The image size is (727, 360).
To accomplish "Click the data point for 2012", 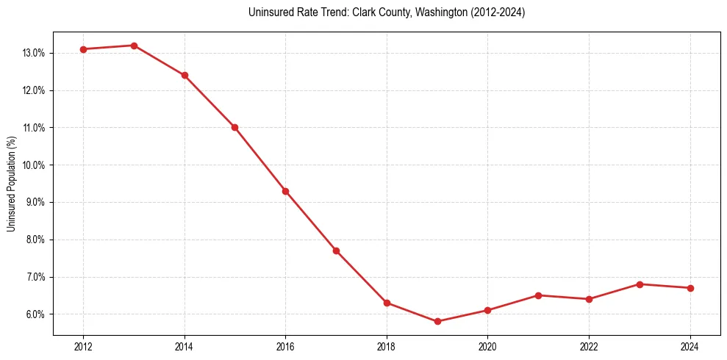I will [83, 49].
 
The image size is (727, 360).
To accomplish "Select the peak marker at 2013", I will [134, 46].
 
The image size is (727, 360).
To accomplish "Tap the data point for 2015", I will [234, 127].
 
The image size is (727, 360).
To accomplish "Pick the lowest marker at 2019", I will [437, 321].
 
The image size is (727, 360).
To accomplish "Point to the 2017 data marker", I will [336, 251].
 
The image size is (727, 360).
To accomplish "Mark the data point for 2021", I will [538, 295].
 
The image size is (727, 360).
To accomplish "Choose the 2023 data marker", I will [640, 284].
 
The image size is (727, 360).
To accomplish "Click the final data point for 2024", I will [690, 288].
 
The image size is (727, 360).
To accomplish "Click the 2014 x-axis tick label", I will [185, 346].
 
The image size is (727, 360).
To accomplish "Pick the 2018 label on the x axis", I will [387, 346].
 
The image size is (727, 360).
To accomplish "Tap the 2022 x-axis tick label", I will [589, 346].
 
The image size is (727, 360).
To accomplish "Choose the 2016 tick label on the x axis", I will [285, 346].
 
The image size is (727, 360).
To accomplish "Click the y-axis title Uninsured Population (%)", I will [11, 184].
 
